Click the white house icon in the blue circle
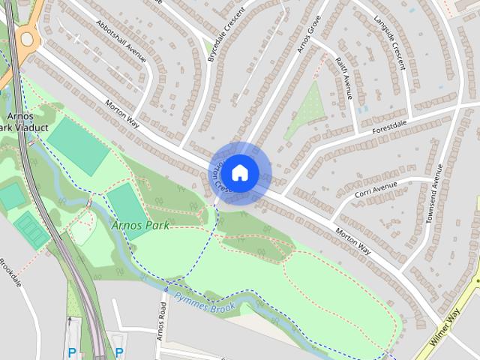pyautogui.click(x=239, y=172)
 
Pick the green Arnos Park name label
pyautogui.click(x=140, y=224)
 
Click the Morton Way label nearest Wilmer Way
pyautogui.click(x=353, y=239)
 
